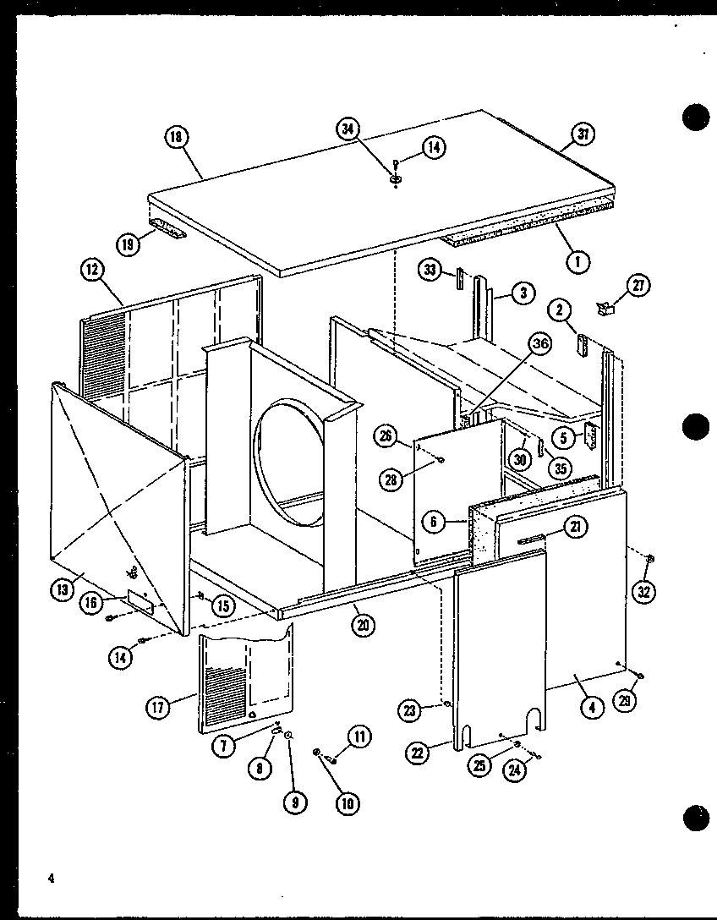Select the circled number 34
click(347, 129)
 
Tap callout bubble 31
click(584, 134)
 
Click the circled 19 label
click(129, 245)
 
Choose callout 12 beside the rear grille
click(92, 271)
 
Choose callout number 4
click(591, 706)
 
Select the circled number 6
click(433, 522)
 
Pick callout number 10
click(346, 804)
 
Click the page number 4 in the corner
click(51, 879)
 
